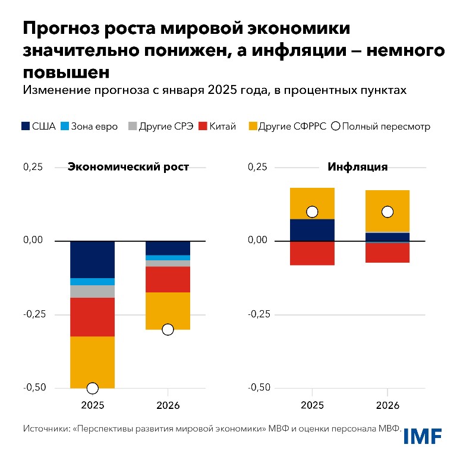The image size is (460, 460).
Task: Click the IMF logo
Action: pos(423,436)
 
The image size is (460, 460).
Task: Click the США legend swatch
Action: pos(25,126)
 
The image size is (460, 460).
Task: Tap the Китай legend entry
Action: pos(217,126)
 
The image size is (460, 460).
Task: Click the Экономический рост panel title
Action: pos(128,167)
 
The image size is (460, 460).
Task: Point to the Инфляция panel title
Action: pos(358,167)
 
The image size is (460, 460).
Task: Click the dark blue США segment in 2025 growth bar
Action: pos(92,259)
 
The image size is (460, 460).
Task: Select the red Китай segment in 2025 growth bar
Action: pos(92,317)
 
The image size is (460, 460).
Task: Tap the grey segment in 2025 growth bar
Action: pos(92,291)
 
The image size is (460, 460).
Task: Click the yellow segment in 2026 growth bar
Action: pos(168,310)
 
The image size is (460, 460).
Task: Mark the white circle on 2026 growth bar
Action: pos(168,329)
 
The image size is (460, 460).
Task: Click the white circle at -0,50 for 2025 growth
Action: pos(92,388)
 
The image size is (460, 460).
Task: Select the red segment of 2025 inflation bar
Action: pos(312,253)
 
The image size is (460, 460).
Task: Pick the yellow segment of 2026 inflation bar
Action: pos(387,208)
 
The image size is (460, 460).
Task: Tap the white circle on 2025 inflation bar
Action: pos(312,212)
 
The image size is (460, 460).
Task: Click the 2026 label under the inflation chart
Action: pos(387,406)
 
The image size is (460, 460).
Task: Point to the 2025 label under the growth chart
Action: pos(92,406)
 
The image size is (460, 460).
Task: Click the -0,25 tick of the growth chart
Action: pos(34,314)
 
